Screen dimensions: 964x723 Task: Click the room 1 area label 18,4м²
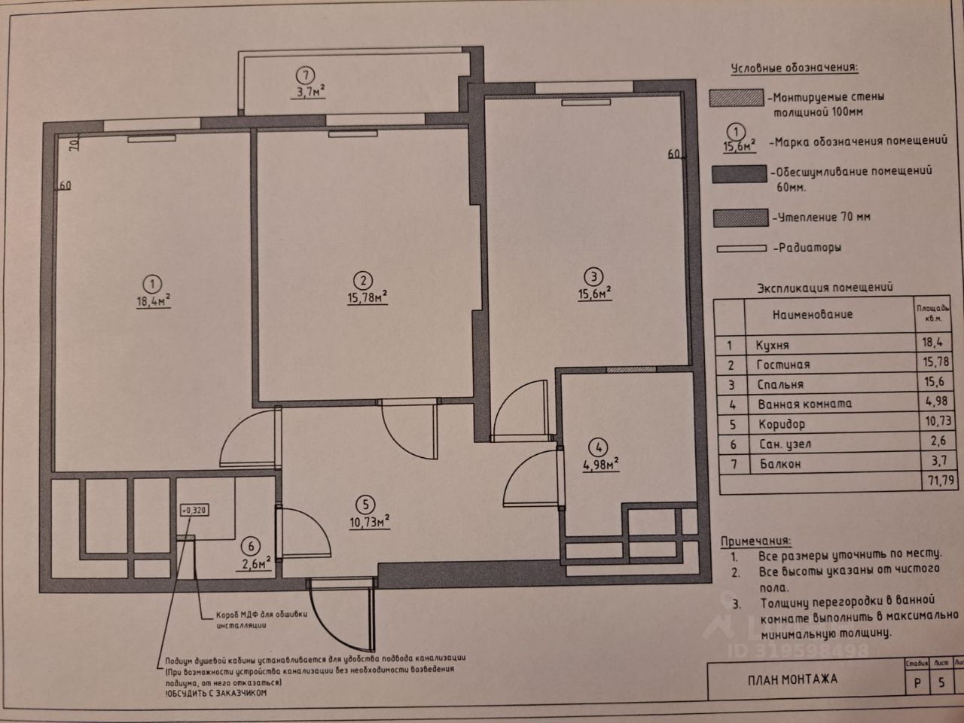(152, 300)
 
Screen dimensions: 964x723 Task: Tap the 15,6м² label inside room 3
(594, 294)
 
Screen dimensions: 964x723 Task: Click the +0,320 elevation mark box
(194, 510)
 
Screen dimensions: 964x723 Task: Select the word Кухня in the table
(772, 345)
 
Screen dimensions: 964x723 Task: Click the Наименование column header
(812, 313)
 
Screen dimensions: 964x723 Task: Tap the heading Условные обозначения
(794, 68)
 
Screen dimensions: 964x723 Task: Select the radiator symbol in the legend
(741, 247)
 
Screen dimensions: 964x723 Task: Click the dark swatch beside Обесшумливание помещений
(739, 174)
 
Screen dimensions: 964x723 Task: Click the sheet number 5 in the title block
(941, 682)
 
